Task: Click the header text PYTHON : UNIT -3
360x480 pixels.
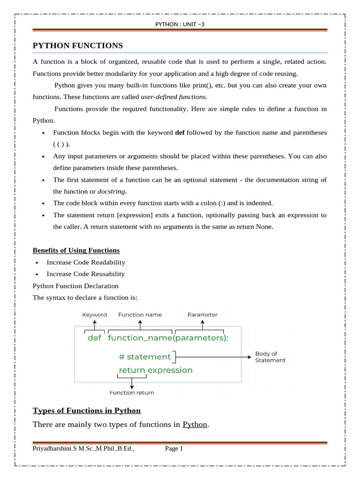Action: (x=180, y=24)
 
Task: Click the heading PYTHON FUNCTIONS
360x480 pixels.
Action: (x=78, y=45)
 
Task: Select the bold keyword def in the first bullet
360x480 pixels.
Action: (x=180, y=133)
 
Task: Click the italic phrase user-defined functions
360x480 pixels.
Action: (x=174, y=97)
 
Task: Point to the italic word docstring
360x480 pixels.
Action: (x=112, y=191)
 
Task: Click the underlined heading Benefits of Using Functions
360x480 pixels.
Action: (x=76, y=250)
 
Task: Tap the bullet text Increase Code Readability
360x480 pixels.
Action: (x=86, y=262)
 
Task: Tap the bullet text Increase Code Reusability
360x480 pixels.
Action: (x=86, y=274)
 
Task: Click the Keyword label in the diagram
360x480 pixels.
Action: (x=94, y=315)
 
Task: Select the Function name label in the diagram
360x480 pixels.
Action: (x=140, y=315)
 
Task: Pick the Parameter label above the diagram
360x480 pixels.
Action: (x=202, y=315)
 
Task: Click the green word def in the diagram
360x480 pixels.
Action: (x=94, y=338)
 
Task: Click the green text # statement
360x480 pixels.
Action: (x=145, y=357)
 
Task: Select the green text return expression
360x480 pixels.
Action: (x=156, y=370)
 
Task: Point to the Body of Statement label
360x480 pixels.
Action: (x=270, y=357)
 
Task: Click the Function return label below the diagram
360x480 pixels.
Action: (x=132, y=393)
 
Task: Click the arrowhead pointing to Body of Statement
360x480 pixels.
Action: (x=249, y=357)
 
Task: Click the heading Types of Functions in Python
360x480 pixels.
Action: (x=87, y=411)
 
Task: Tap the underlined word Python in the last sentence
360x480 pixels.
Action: (x=195, y=425)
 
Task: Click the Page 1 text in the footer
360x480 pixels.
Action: (x=174, y=449)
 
